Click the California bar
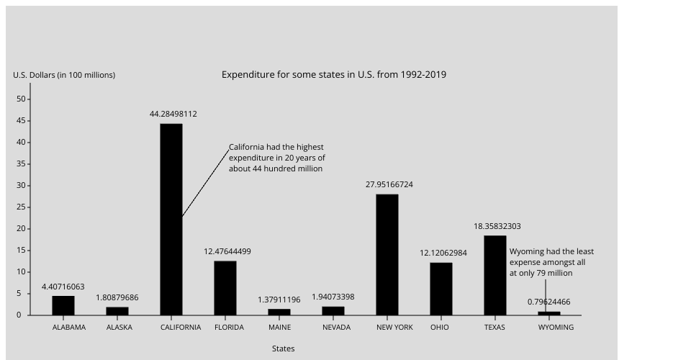point(171,220)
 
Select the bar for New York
point(387,255)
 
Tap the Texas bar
point(495,275)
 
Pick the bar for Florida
point(225,288)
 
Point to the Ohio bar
point(441,289)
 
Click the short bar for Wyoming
point(549,313)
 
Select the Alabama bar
point(63,305)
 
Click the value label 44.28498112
point(173,114)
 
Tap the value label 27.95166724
point(389,184)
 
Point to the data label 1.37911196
point(279,300)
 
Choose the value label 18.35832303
point(497,226)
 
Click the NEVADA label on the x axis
point(336,327)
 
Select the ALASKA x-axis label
point(119,327)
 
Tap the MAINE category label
point(279,327)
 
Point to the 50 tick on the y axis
point(22,99)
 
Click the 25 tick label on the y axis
point(22,207)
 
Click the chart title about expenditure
point(333,74)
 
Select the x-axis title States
point(283,348)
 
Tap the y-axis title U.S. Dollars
point(64,75)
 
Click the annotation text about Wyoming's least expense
point(551,262)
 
